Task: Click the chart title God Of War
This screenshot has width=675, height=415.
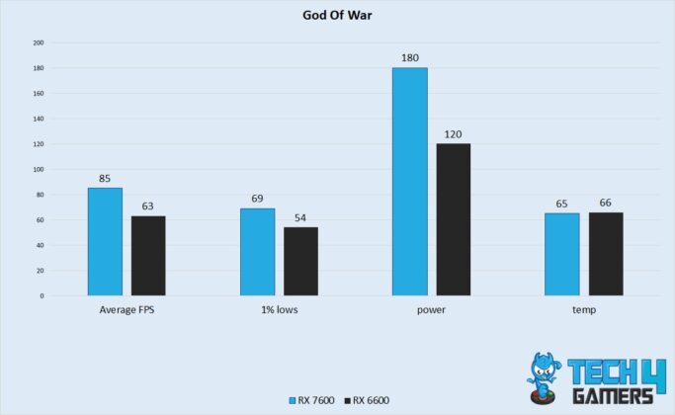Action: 337,16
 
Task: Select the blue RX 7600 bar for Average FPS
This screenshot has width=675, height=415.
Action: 105,241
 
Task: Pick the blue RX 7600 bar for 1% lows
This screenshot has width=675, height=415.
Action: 257,251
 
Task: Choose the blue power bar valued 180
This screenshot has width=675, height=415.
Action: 409,182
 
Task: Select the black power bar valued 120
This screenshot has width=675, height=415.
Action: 453,219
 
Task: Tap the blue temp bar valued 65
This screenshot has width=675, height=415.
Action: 561,254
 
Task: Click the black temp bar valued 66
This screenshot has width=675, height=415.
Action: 606,253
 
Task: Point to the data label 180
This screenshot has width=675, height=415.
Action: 409,58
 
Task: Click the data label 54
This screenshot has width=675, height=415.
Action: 300,217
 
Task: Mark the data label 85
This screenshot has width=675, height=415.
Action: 105,179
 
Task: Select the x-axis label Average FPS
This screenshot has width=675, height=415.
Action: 127,310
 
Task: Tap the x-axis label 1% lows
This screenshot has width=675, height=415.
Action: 279,310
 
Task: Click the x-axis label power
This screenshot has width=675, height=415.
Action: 431,310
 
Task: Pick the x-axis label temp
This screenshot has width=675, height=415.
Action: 583,310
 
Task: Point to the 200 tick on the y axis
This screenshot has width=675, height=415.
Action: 39,43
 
